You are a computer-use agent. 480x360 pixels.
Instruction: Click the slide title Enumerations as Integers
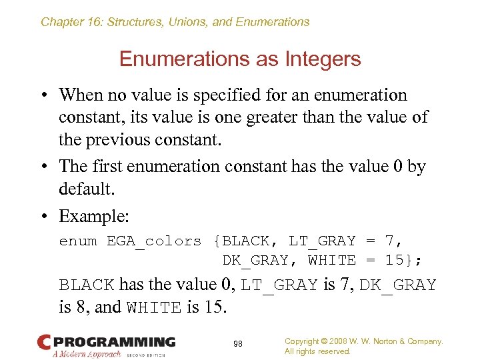(x=240, y=59)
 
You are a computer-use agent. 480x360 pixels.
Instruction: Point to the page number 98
(x=238, y=343)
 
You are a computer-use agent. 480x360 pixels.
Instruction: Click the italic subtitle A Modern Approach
(x=87, y=353)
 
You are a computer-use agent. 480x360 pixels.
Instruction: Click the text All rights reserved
(x=317, y=351)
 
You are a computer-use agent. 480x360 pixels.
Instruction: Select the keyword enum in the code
(x=78, y=241)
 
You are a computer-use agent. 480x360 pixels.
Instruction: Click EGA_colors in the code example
(x=154, y=241)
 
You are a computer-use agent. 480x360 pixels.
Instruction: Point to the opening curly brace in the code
(x=217, y=241)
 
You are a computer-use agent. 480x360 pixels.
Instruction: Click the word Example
(x=93, y=217)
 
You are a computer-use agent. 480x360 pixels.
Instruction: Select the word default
(x=87, y=189)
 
